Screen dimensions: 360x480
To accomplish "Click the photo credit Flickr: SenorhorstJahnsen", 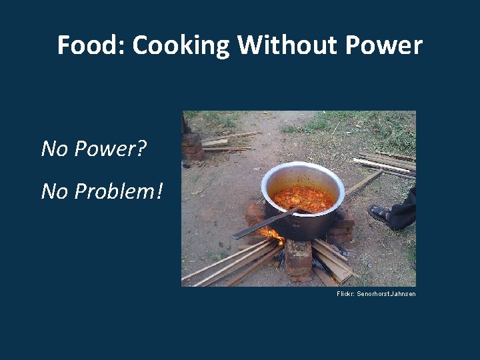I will (376, 294).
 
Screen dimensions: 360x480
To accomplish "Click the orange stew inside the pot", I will (303, 198).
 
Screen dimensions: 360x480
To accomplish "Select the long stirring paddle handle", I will (260, 225).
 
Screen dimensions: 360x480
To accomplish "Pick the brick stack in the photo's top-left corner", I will (192, 145).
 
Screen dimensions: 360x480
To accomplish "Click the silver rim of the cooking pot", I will (303, 167).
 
